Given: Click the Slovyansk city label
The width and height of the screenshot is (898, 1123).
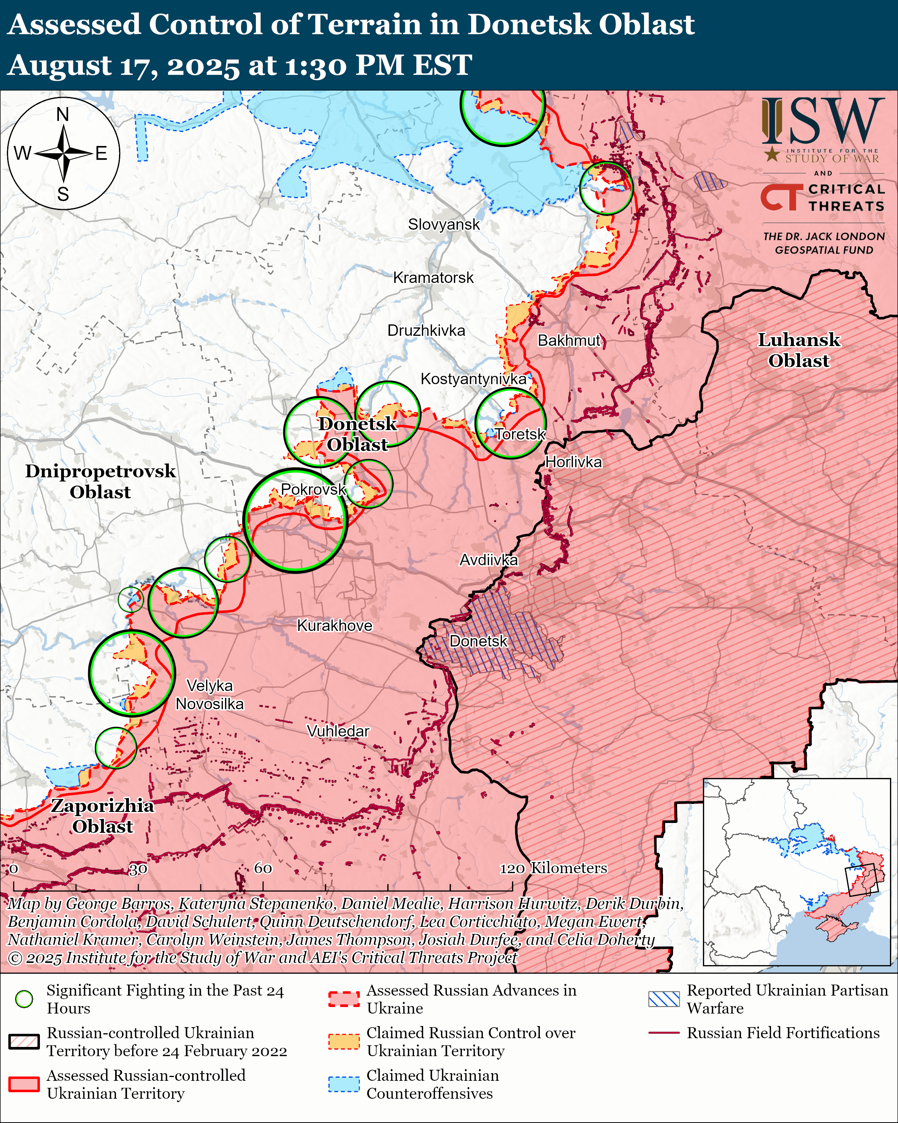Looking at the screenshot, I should coord(444,224).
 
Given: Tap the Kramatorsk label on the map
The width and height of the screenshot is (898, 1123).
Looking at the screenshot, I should coord(433,278).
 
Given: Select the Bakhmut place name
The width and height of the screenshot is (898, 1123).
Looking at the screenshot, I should coord(569,341).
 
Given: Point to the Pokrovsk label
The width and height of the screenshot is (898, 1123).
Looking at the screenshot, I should coord(313,489).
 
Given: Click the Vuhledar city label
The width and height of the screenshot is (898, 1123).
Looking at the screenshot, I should coord(338,731).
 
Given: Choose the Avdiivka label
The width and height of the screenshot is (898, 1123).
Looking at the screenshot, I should coord(488,560).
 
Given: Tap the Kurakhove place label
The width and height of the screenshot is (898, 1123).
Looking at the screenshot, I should coord(334,626).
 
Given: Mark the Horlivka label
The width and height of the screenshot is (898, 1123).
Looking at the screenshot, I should coord(573,462).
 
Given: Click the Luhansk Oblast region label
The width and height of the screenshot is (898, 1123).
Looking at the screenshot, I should coord(798,350).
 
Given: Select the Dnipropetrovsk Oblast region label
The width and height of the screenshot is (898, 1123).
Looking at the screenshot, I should coord(100,481).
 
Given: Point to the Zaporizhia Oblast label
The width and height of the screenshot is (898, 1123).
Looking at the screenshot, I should coord(103,816).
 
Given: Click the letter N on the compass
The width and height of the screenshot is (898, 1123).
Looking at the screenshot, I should coord(62,114).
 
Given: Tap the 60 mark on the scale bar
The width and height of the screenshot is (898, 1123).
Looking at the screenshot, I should coord(263,868).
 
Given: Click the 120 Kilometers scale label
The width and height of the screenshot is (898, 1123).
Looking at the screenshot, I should coord(554,868).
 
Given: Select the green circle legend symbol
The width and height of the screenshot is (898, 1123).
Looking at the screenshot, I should coord(24,999).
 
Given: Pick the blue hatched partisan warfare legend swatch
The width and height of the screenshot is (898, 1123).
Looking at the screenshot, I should coord(664,999).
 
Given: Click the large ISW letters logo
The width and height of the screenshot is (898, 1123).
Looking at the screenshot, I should coord(822,121).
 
